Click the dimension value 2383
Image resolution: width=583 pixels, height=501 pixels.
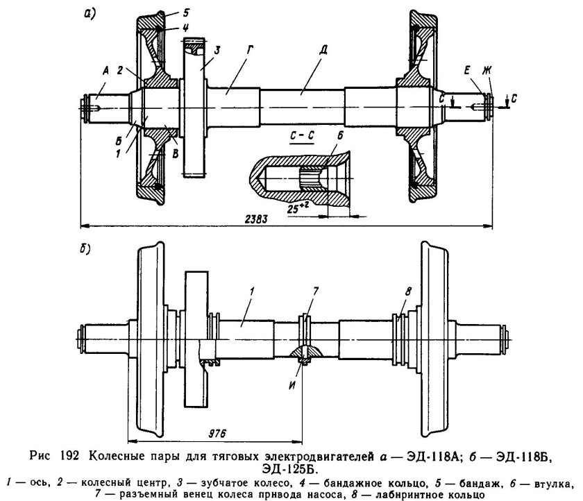tap(256, 219)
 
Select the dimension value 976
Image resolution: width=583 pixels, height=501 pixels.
tap(217, 434)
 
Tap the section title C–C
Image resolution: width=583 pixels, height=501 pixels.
tap(302, 136)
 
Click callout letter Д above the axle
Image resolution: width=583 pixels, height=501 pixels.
tap(323, 50)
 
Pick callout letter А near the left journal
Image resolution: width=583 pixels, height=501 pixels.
tap(105, 71)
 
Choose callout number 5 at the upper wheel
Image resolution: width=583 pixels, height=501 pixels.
tap(186, 13)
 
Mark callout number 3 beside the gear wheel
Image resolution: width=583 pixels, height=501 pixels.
tap(217, 50)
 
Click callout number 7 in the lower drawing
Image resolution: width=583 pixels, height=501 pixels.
tap(315, 291)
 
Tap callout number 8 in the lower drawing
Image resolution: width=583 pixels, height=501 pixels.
tap(408, 291)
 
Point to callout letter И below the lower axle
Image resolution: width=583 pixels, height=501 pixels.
tap(293, 385)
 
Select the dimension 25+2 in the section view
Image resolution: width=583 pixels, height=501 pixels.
tap(298, 209)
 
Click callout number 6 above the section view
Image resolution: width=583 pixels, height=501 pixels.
tap(340, 136)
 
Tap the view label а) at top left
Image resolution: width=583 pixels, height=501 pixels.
tap(90, 14)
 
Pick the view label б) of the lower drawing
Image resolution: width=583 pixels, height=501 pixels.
tap(85, 249)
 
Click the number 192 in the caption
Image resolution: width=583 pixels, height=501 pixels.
tap(69, 455)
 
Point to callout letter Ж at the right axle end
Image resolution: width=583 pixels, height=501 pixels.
tap(487, 70)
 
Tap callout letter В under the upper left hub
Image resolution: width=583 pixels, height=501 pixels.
tap(175, 153)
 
